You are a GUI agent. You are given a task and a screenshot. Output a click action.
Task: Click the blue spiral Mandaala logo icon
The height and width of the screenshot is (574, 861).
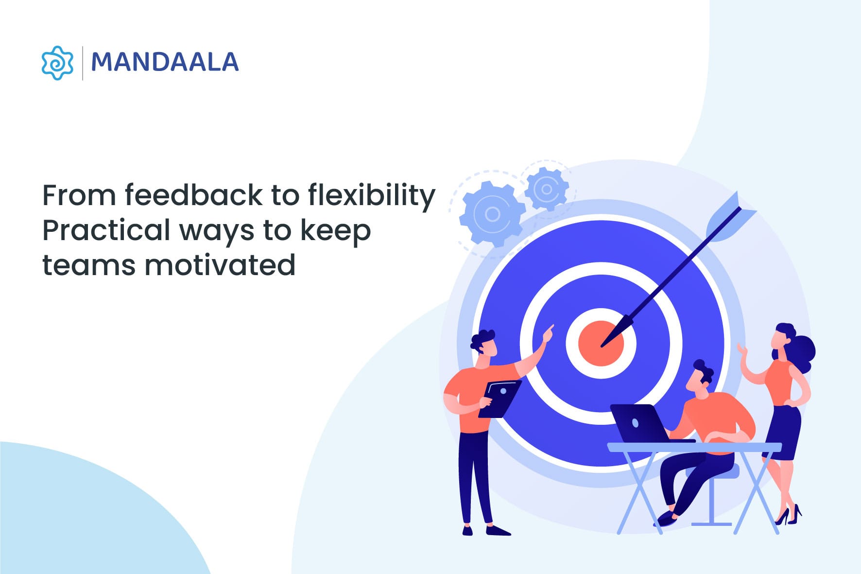click(57, 63)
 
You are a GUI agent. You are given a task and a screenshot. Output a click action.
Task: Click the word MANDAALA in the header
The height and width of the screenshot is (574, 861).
click(165, 63)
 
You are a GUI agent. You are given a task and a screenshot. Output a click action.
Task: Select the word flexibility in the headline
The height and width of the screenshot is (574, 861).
click(372, 195)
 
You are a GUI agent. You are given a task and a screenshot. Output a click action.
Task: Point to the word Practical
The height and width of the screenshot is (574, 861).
click(106, 230)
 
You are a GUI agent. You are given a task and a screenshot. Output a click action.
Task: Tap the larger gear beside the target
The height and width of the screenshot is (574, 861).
click(492, 214)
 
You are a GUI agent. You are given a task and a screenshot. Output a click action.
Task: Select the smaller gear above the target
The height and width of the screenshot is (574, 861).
click(547, 189)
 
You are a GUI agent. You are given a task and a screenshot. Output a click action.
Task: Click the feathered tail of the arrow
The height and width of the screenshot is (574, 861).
click(730, 218)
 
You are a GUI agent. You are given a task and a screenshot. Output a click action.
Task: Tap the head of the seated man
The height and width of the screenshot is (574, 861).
click(700, 377)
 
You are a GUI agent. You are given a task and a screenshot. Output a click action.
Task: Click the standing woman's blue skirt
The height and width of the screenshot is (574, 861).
click(783, 430)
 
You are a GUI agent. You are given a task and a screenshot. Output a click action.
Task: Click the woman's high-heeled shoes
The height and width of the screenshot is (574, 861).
click(789, 516)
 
